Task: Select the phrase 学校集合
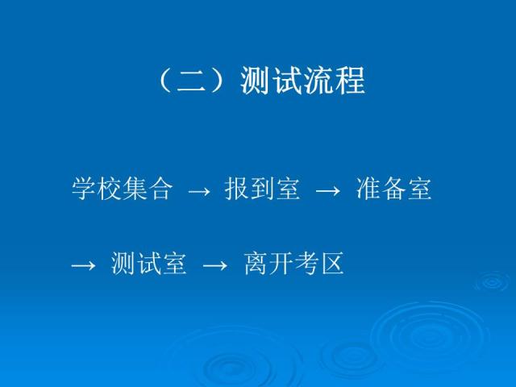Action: pyautogui.click(x=122, y=189)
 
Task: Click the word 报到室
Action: pyautogui.click(x=263, y=189)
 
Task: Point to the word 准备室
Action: pyautogui.click(x=393, y=189)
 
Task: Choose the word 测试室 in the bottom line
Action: pyautogui.click(x=149, y=264)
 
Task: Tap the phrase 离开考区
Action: pyautogui.click(x=294, y=264)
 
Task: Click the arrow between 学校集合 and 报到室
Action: pyautogui.click(x=198, y=192)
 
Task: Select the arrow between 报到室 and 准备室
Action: pyautogui.click(x=327, y=192)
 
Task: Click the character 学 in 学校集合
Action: pyautogui.click(x=84, y=189)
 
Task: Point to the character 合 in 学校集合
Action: pyautogui.click(x=160, y=189)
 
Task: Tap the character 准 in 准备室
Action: pyautogui.click(x=367, y=189)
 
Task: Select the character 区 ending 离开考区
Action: pyautogui.click(x=332, y=264)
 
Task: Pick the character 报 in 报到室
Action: pyautogui.click(x=237, y=189)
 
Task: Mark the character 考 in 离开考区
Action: pyautogui.click(x=307, y=264)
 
